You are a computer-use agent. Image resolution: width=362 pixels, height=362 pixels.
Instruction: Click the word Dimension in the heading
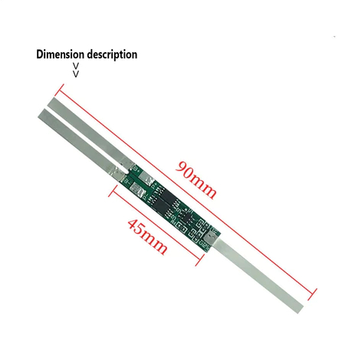60,54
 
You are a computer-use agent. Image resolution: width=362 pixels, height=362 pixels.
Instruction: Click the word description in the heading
112,54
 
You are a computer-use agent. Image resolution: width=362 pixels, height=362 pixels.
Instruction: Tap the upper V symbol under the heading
76,66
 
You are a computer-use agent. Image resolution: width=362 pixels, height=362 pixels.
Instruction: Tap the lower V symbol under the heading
76,74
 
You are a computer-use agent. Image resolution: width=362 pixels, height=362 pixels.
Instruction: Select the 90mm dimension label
196,179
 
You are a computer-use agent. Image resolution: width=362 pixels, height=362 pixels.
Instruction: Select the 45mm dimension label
147,236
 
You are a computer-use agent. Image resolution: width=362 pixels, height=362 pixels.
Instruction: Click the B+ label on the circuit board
136,169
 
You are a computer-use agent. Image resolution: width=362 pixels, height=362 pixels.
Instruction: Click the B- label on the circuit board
128,183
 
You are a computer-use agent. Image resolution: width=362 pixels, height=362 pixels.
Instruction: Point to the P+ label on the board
153,186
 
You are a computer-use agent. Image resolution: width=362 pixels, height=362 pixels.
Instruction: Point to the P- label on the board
145,197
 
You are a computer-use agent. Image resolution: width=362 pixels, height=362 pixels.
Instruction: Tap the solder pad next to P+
146,177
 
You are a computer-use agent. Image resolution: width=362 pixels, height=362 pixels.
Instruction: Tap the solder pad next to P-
137,190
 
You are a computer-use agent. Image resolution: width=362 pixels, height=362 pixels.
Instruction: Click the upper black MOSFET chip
167,196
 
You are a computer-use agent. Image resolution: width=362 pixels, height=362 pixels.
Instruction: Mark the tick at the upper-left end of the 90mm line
61,89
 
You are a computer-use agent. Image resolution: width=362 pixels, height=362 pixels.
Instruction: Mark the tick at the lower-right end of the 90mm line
313,295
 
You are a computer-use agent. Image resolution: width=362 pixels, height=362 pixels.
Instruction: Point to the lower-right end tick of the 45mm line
199,260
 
